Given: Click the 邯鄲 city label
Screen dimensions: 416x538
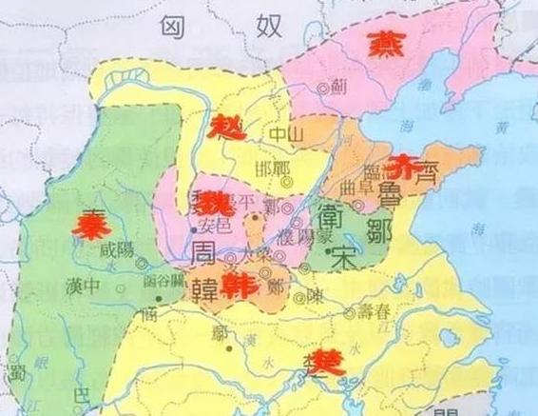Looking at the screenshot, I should click(x=271, y=168).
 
